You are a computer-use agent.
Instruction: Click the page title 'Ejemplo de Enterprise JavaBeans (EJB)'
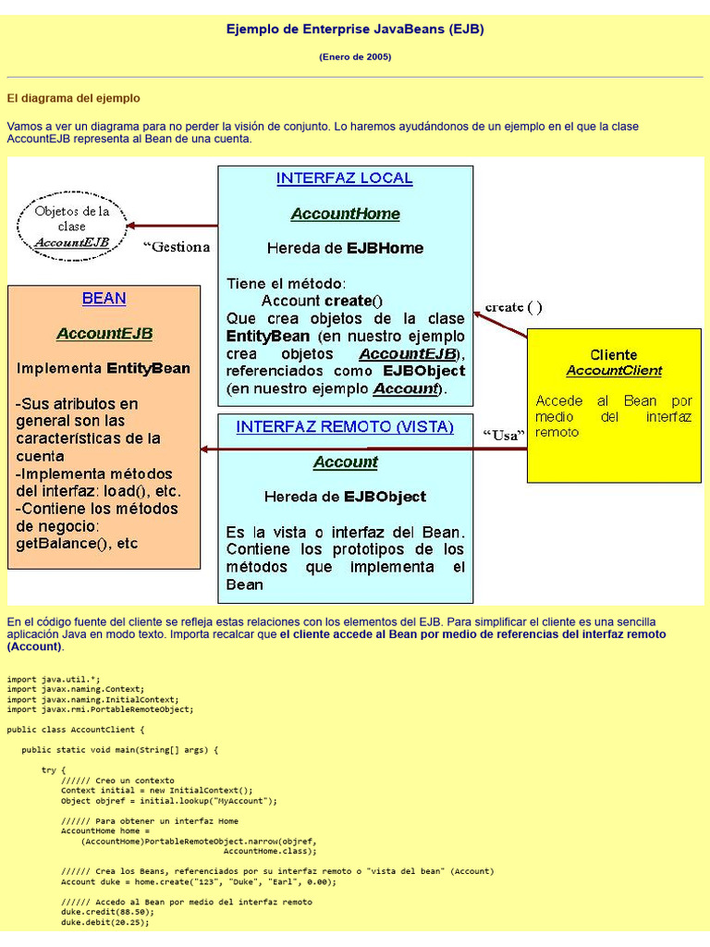[x=355, y=30]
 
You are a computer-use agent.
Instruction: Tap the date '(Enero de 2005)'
[x=355, y=57]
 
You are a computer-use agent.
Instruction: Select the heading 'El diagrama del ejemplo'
[x=74, y=98]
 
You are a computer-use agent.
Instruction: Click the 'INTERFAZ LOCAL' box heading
[x=345, y=178]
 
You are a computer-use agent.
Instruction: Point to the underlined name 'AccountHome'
[x=345, y=215]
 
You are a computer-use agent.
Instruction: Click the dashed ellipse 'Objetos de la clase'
[x=72, y=227]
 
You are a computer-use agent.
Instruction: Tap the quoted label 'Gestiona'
[x=177, y=247]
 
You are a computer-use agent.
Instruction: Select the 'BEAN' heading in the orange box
[x=104, y=299]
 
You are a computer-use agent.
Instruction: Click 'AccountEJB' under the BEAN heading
[x=104, y=333]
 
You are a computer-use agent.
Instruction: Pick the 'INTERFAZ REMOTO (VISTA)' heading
[x=345, y=427]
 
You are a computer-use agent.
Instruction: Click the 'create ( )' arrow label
[x=514, y=307]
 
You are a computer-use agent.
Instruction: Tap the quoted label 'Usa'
[x=504, y=436]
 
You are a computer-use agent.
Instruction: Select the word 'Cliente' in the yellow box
[x=614, y=354]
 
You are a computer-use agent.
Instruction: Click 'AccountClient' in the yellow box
[x=614, y=371]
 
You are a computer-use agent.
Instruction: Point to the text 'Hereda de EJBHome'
[x=345, y=248]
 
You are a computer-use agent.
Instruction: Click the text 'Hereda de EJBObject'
[x=345, y=497]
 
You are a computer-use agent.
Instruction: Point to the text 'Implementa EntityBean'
[x=104, y=368]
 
